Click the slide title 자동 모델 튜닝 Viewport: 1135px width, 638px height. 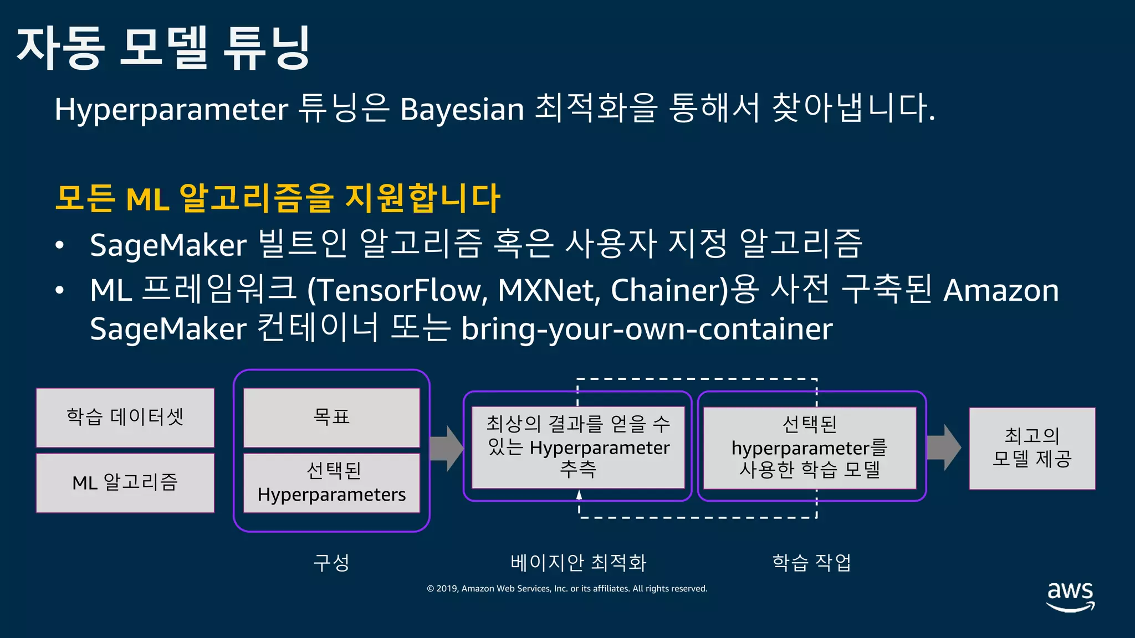pos(163,48)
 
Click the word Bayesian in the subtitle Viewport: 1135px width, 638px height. pos(462,109)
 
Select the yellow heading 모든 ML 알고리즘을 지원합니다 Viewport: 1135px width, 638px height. pos(277,198)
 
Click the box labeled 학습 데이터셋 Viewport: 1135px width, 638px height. pos(125,418)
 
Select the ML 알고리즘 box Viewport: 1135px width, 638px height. pos(125,483)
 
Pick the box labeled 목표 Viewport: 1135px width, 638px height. pos(331,418)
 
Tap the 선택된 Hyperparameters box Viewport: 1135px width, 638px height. pos(331,483)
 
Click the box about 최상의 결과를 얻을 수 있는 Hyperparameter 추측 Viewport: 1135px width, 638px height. pos(578,447)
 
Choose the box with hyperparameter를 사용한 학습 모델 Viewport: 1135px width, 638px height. pos(809,447)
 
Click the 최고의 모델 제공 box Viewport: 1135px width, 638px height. pos(1032,448)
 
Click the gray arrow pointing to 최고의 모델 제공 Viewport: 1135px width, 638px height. pos(943,447)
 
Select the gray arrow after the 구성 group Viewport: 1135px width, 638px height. pos(446,448)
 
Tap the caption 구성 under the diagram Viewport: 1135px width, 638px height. pos(331,563)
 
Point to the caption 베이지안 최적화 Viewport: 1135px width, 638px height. pos(578,563)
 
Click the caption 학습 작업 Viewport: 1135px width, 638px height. pos(811,563)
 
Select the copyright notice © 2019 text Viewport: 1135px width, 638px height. pos(567,589)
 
